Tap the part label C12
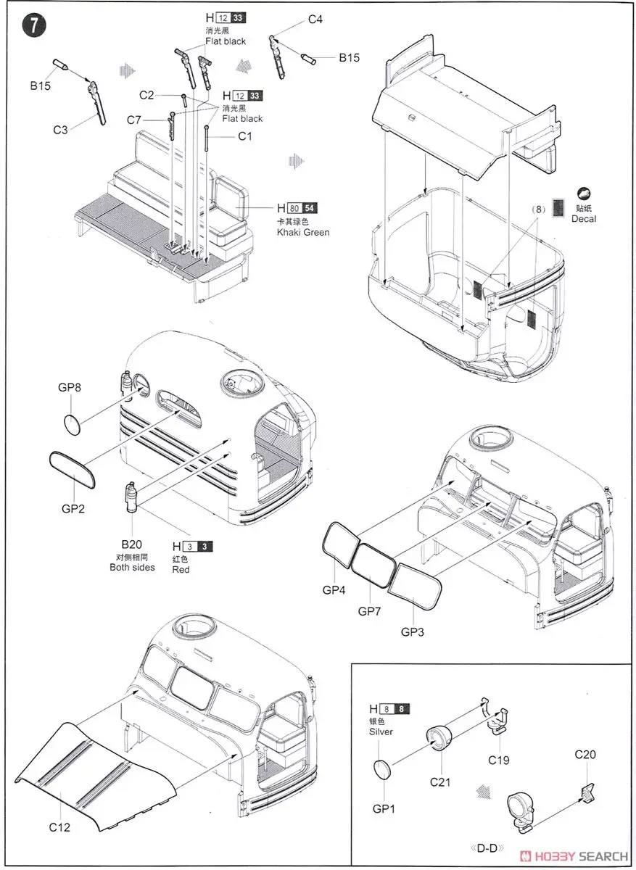pos(59,826)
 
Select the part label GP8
pos(70,388)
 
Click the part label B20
pos(131,543)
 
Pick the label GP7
pos(370,610)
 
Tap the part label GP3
pos(413,631)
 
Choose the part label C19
pos(498,760)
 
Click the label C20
pos(585,755)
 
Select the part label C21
pos(439,782)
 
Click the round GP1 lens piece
pos(384,768)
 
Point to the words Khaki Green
pos(303,232)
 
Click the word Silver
pos(381,732)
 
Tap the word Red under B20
pos(181,570)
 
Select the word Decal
pos(584,218)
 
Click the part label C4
pos(315,20)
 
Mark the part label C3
pos(60,130)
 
